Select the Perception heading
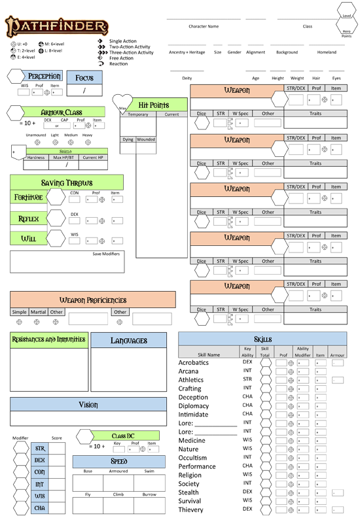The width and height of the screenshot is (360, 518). [45, 77]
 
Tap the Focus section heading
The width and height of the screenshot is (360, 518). [84, 78]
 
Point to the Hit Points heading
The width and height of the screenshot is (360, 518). [154, 105]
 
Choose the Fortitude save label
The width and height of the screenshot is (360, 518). [28, 197]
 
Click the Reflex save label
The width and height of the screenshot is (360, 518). [28, 218]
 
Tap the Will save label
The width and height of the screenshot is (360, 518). [28, 239]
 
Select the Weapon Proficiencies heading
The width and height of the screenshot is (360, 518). [93, 300]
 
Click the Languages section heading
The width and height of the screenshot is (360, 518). [129, 340]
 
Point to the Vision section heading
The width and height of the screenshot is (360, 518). [88, 405]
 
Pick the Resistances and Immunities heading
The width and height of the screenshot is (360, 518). [49, 339]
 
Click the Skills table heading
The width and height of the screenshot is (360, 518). [262, 339]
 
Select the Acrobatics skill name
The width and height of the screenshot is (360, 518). [193, 362]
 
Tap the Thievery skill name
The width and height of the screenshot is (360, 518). [191, 509]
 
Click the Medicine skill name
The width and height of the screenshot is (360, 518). [192, 440]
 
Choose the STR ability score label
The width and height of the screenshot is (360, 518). [40, 449]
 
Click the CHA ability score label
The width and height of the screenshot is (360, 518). [40, 508]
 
